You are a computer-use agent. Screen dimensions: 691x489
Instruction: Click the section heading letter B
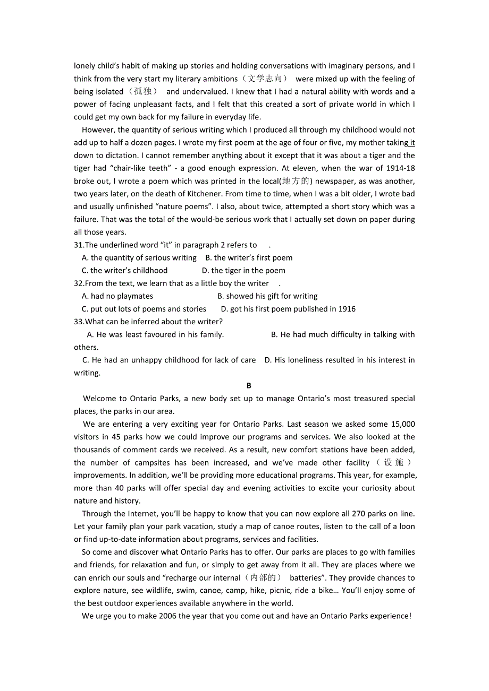click(249, 386)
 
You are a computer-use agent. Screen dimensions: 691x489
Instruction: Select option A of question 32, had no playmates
click(117, 296)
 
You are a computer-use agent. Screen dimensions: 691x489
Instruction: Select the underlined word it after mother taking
click(412, 143)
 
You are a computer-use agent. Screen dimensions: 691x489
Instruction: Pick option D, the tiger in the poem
click(243, 271)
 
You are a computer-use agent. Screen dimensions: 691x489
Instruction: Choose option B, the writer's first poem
click(249, 258)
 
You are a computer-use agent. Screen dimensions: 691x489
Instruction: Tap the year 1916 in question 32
click(346, 309)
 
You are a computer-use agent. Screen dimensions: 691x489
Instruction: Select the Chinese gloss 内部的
click(263, 578)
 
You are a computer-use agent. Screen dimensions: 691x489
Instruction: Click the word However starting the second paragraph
click(98, 130)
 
